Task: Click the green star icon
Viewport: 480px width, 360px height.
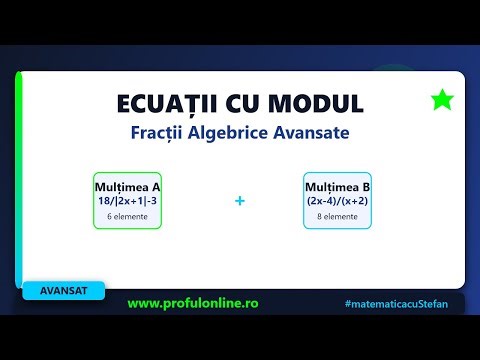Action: coord(440,99)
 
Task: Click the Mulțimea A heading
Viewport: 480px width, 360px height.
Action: coord(127,186)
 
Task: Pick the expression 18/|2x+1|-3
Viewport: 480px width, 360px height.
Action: coord(127,200)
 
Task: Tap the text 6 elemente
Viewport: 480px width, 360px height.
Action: coord(127,216)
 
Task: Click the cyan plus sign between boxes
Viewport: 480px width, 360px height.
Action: coord(240,201)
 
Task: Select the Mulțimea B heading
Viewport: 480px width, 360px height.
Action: coord(338,186)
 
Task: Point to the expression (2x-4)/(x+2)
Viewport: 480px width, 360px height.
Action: coord(338,200)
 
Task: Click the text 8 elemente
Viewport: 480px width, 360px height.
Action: coord(338,216)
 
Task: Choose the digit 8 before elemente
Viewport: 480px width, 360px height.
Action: coord(318,216)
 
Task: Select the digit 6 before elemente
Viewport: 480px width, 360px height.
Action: coord(109,216)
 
